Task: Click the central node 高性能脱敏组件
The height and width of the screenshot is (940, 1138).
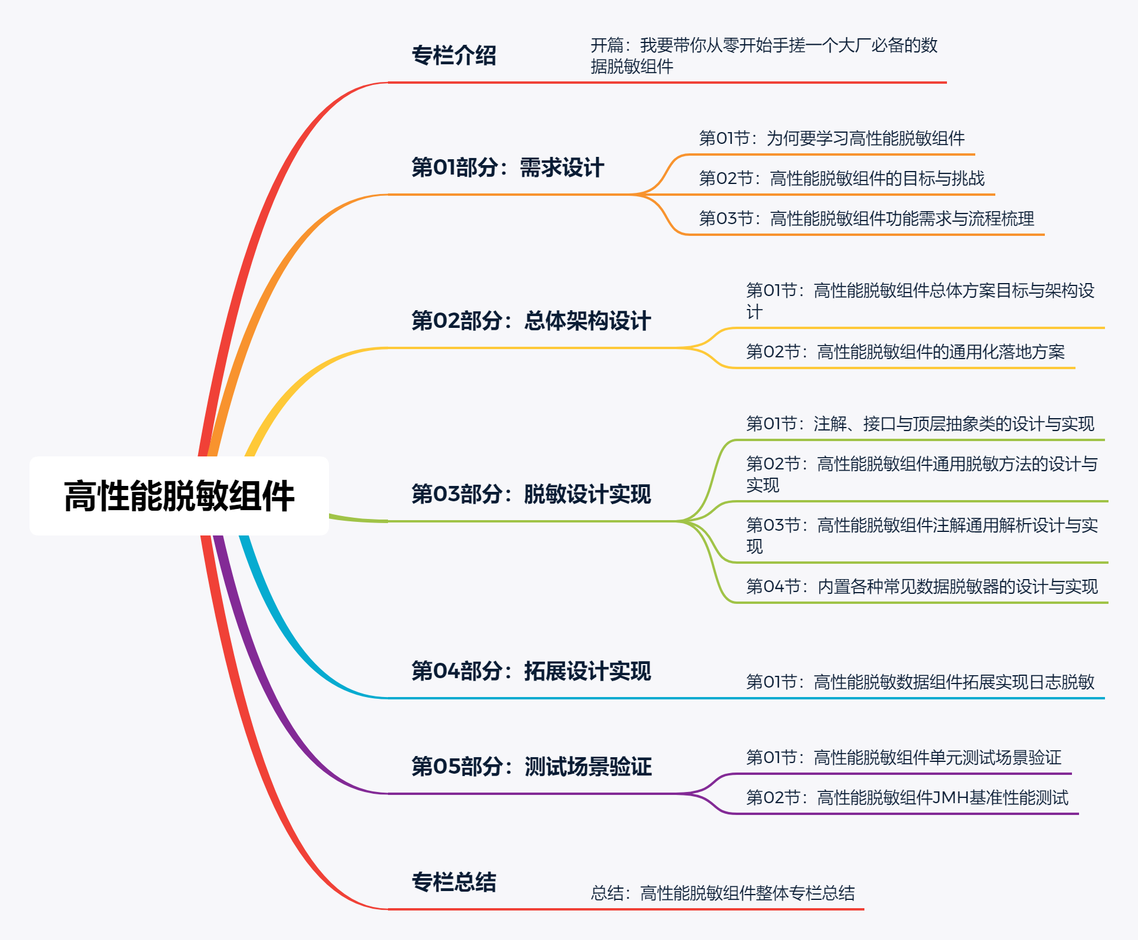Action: tap(179, 496)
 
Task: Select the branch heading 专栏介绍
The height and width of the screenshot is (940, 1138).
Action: tap(453, 55)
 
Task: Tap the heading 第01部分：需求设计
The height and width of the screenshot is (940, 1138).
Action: tap(507, 167)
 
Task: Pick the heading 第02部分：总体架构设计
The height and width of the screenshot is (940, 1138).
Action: tap(531, 321)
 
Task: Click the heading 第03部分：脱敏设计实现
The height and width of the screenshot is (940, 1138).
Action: tap(531, 494)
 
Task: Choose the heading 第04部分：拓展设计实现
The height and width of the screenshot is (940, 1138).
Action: tap(531, 671)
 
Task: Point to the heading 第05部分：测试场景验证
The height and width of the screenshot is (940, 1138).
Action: tap(531, 767)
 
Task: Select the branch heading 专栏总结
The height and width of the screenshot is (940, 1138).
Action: tap(453, 882)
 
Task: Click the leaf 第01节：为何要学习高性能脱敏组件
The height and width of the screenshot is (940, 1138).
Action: tap(831, 139)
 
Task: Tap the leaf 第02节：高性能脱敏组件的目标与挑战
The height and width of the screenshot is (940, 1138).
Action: tap(841, 179)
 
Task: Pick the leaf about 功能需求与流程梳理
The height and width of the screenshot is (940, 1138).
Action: tap(866, 219)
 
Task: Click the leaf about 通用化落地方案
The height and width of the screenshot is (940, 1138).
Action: tap(905, 352)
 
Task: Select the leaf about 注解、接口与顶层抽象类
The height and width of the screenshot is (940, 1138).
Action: tap(920, 424)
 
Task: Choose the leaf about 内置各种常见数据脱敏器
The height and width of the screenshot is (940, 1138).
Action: tap(922, 587)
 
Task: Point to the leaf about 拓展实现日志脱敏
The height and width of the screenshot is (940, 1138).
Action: tap(920, 682)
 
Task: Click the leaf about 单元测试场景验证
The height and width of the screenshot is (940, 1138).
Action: tap(903, 758)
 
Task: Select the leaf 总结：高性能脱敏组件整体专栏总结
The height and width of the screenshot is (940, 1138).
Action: tap(722, 893)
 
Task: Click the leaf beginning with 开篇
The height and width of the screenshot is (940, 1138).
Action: tap(764, 55)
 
